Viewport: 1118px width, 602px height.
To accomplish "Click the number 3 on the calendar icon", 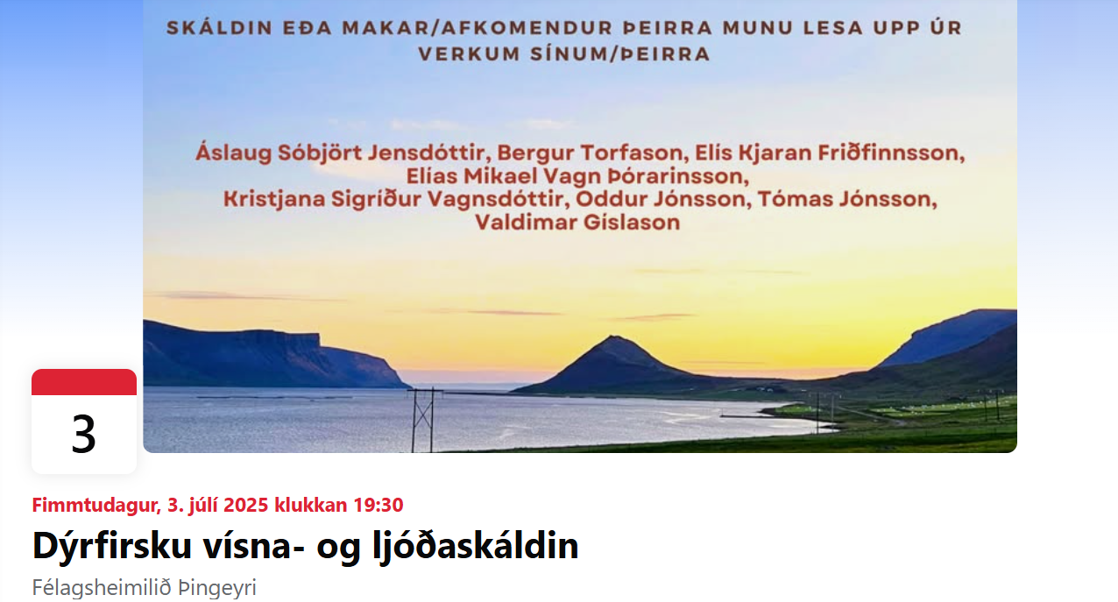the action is pyautogui.click(x=83, y=435).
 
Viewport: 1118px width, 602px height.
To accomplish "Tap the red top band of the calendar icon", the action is pyautogui.click(x=84, y=382).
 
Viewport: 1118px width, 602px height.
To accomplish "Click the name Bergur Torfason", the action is pyautogui.click(x=590, y=152).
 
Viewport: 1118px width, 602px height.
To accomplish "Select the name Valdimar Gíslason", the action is pyautogui.click(x=577, y=223).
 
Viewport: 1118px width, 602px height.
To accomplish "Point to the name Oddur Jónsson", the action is pyautogui.click(x=661, y=199).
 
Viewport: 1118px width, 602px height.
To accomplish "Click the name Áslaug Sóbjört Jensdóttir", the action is pyautogui.click(x=339, y=152).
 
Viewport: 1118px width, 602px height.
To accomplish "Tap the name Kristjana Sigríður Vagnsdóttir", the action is pyautogui.click(x=393, y=199).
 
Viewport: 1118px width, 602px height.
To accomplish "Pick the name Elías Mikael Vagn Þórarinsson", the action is pyautogui.click(x=577, y=176).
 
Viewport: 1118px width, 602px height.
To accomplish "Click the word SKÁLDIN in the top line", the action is pyautogui.click(x=220, y=28).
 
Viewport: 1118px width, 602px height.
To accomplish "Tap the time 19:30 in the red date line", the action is pyautogui.click(x=378, y=505).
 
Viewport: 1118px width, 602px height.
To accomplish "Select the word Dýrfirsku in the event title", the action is pyautogui.click(x=112, y=547).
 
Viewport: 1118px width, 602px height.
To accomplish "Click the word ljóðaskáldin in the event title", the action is pyautogui.click(x=475, y=547).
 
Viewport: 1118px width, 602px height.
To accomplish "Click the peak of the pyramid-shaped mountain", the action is pyautogui.click(x=613, y=337).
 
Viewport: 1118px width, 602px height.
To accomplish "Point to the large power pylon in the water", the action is pyautogui.click(x=423, y=421).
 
